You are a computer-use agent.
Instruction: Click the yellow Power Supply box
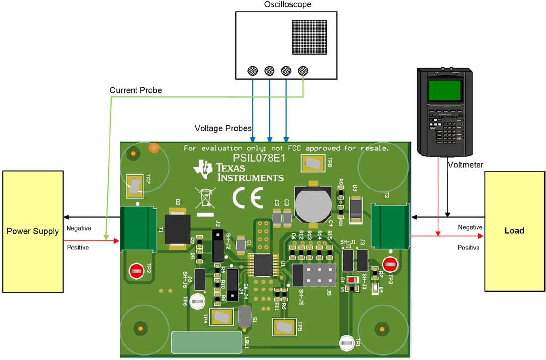coord(33,231)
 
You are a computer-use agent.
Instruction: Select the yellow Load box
coord(514,231)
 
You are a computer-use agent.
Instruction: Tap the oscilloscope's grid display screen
coord(309,37)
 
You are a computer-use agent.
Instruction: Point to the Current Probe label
coord(136,90)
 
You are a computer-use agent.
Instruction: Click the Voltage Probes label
coord(223,128)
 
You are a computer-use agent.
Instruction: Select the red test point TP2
coord(136,271)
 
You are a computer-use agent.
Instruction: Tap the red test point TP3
coord(391,264)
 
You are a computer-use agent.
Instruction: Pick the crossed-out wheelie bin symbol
coord(205,198)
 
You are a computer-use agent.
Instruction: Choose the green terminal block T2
coord(391,226)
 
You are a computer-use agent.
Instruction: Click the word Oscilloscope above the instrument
coord(288,5)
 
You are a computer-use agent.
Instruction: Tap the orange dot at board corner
coord(154,147)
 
